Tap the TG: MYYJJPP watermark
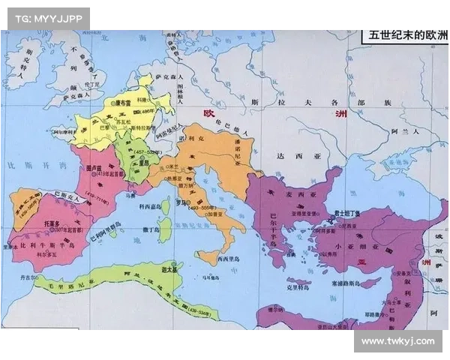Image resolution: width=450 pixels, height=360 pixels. (x=46, y=18)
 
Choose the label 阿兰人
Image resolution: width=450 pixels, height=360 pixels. (x=406, y=130)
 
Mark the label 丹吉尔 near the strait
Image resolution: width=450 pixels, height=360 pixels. (x=21, y=278)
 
